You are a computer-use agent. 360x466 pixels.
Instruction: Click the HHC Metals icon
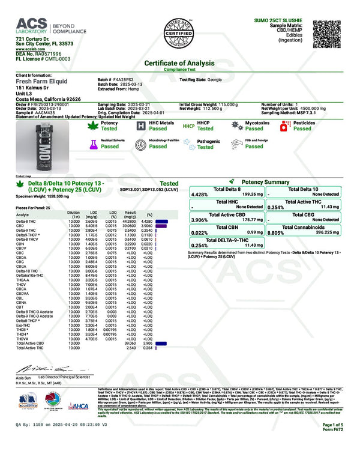[x=139, y=126]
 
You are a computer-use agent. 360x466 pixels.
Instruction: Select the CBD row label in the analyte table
[x=20, y=225]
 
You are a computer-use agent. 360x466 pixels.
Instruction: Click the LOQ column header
[x=110, y=214]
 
